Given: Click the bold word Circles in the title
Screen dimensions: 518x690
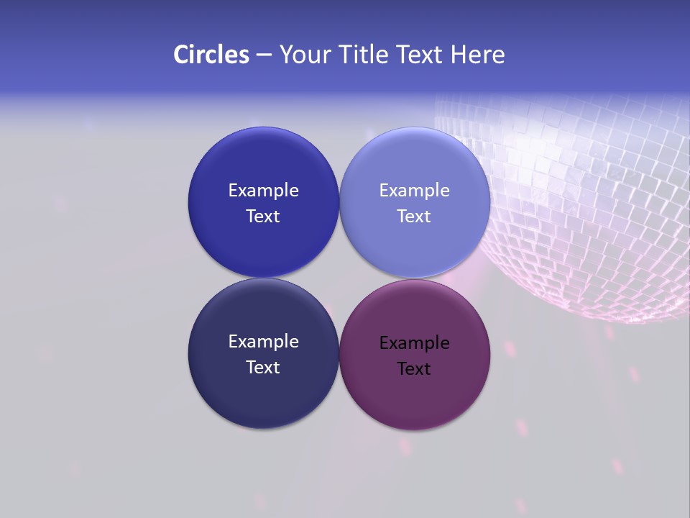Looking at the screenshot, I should (x=211, y=55).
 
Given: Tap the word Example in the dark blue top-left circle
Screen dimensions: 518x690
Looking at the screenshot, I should (x=263, y=191).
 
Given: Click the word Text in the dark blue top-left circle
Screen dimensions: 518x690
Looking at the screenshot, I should (x=263, y=217).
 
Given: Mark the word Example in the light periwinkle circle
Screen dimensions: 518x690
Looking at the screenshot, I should (x=414, y=191).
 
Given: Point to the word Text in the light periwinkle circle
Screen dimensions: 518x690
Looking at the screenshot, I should (x=414, y=217).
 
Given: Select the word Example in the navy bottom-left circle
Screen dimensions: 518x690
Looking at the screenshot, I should (x=263, y=342).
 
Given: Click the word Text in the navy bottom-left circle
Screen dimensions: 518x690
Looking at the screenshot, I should (x=263, y=368).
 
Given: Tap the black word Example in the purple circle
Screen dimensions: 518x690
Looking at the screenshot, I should (x=414, y=343).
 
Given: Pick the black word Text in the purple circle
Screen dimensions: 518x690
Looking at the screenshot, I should (x=414, y=369).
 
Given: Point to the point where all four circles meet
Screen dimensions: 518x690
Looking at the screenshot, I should (x=339, y=278).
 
